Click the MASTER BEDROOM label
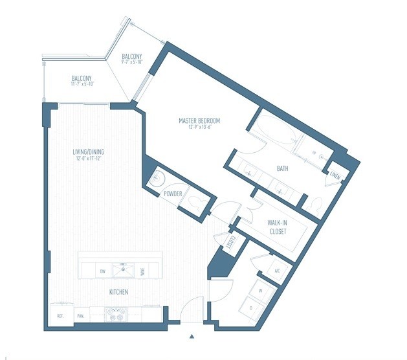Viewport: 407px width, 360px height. (199, 120)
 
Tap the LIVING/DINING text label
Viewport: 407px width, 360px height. (89, 153)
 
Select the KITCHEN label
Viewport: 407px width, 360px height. (118, 292)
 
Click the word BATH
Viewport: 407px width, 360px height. (282, 168)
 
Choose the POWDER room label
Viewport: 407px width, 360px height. (172, 194)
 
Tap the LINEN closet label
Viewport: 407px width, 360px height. (335, 175)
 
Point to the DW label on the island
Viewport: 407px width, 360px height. (102, 271)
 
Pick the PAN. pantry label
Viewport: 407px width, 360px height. (82, 316)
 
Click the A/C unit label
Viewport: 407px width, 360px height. (276, 270)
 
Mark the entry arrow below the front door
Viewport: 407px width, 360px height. (192, 336)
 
